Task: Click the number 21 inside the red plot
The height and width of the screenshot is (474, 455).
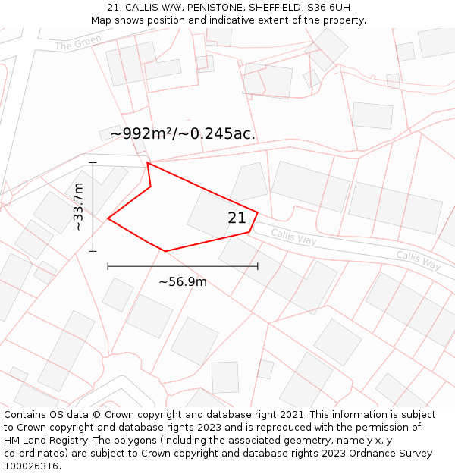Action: click(x=237, y=218)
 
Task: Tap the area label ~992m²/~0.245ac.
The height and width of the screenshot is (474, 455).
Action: click(x=183, y=134)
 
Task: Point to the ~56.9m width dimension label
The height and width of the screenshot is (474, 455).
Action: click(x=182, y=282)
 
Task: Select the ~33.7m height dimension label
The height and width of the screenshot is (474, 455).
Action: click(x=78, y=206)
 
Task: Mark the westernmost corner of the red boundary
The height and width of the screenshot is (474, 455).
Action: click(x=108, y=218)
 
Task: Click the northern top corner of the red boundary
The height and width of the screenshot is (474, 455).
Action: click(x=147, y=162)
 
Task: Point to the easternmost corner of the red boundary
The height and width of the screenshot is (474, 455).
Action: click(x=258, y=213)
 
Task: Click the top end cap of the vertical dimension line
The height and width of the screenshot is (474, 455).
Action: click(x=93, y=162)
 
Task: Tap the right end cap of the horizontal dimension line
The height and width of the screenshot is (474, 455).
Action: click(x=258, y=266)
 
